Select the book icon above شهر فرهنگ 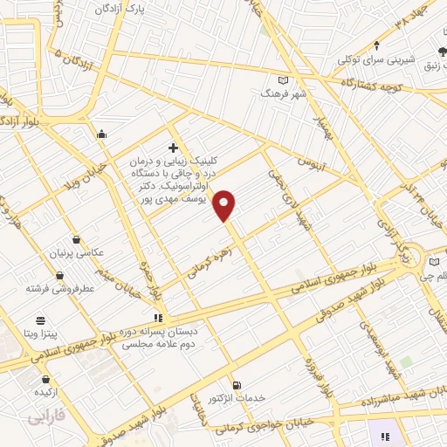coord(280,79)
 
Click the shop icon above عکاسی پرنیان coord(77,239)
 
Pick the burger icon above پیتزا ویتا coord(39,320)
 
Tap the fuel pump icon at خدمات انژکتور coord(236,385)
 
